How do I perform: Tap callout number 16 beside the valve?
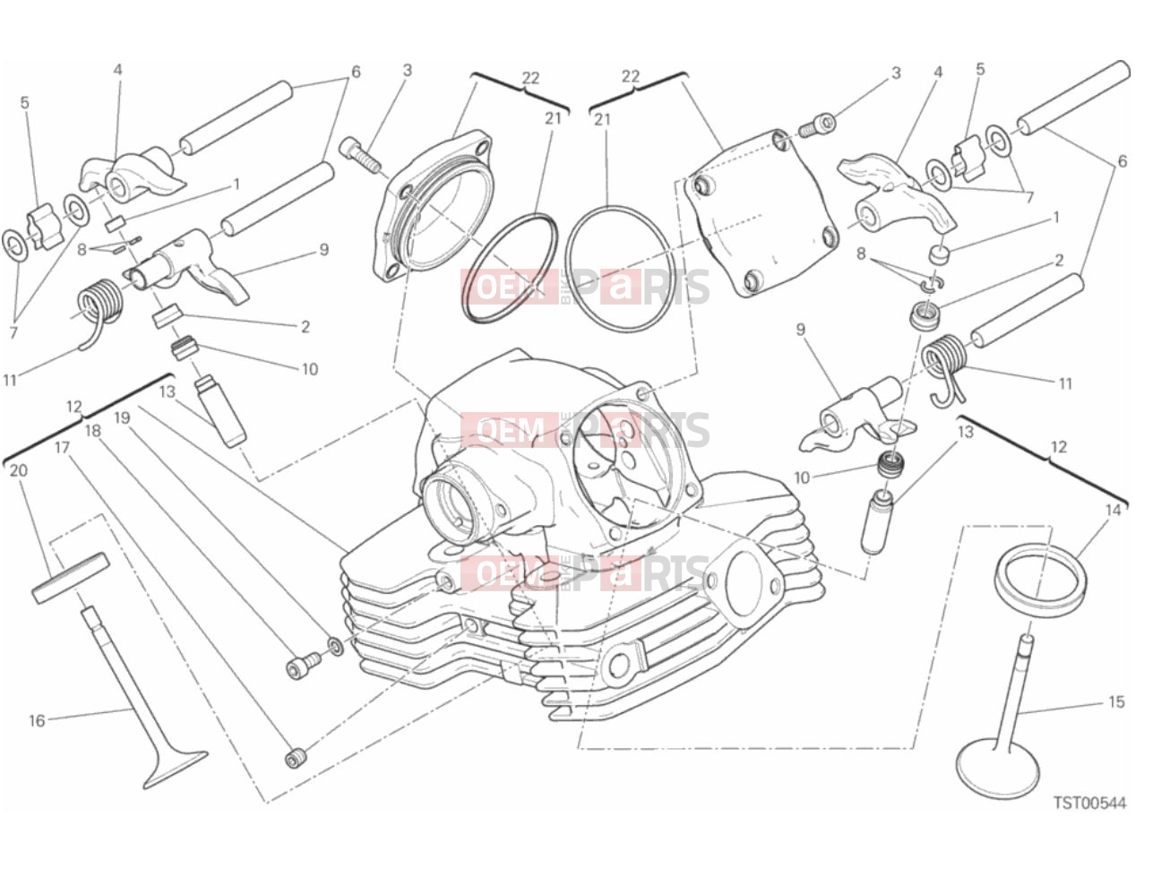point(37,721)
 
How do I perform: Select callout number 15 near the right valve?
point(1116,701)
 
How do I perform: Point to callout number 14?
point(1113,511)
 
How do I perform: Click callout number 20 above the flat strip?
point(19,470)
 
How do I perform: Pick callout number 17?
point(62,448)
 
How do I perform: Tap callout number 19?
point(122,417)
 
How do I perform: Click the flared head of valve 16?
point(176,767)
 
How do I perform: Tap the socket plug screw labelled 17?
point(296,758)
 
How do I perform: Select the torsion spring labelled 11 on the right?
point(946,365)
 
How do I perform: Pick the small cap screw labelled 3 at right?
point(817,125)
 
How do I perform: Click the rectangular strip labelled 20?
point(71,578)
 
